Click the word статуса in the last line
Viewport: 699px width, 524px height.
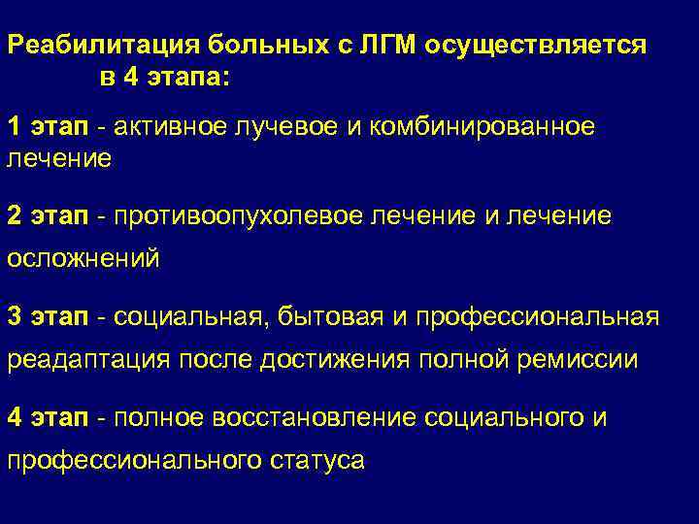tap(316, 461)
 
